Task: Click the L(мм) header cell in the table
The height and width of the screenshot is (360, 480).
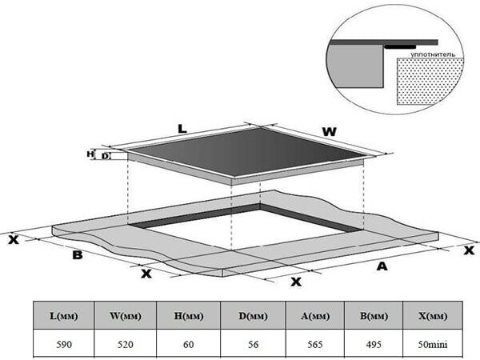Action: coord(62,315)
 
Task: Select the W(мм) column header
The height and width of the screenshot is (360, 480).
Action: coord(126,315)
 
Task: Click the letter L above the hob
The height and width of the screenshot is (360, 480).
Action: coord(182,128)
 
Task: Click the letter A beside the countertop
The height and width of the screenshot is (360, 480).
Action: coord(382,266)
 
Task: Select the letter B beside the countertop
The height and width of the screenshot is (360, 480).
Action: coord(78,256)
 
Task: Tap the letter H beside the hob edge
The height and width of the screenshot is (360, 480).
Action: coord(90,154)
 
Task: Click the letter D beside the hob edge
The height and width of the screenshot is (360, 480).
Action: coord(106,156)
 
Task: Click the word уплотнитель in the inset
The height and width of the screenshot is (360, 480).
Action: coord(433,54)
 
